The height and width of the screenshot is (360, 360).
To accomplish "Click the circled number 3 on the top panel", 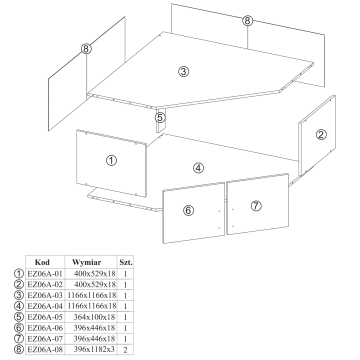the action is (183, 71).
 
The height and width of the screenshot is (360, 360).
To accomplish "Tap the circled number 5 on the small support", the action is (160, 117).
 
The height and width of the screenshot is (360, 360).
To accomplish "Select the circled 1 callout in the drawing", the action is (111, 160).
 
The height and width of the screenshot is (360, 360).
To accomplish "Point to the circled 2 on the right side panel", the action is (321, 134).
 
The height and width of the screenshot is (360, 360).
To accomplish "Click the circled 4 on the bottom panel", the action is (198, 168).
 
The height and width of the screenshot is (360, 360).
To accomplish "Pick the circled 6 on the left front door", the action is (188, 210).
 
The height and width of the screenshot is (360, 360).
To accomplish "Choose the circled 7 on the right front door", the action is (256, 205).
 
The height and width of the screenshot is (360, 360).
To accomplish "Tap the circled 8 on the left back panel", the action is (86, 49).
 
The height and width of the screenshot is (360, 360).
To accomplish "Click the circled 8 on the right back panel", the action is (247, 20).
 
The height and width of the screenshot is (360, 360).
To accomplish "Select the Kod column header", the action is (42, 262).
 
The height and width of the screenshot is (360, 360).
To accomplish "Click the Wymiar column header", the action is (86, 262).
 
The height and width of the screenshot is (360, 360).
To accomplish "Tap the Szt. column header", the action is (126, 262).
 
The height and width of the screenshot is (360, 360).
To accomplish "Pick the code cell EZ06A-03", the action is (45, 295).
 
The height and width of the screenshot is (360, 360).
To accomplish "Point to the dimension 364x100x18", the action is (94, 317).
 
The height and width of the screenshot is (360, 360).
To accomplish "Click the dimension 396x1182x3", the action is (94, 349).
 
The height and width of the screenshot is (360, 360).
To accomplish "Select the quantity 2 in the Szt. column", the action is (125, 350).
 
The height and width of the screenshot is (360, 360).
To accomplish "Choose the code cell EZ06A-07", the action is (45, 338).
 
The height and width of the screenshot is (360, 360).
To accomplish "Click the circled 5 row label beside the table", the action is (19, 317).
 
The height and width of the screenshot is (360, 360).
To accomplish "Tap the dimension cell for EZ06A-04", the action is (92, 306).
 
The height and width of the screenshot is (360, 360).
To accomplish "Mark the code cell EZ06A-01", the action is (45, 273).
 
